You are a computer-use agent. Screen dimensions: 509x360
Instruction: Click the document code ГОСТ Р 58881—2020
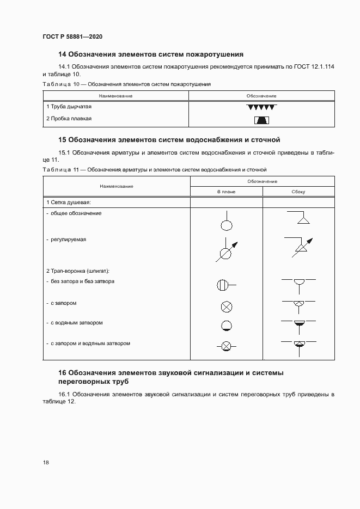coord(72,36)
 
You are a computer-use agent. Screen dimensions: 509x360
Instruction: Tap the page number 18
coord(46,463)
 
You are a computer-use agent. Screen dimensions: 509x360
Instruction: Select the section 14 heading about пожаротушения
coord(150,54)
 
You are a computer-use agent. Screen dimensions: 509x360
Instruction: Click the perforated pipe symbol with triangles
coord(261,107)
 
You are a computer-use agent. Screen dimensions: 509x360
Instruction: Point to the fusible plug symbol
coord(261,120)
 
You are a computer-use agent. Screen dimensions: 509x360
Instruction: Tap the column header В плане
coord(226,192)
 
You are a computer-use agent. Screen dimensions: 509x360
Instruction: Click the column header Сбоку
coord(298,192)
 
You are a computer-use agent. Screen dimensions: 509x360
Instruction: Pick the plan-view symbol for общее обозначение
coord(227,223)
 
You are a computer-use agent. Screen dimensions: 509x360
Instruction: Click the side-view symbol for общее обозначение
coord(298,218)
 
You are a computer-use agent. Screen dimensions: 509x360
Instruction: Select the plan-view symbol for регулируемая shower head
coord(227,250)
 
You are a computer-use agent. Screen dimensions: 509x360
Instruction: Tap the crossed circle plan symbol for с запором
coord(227,306)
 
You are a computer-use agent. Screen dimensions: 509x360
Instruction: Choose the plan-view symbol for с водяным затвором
coord(227,326)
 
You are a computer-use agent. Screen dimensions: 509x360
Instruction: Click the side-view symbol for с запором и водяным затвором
coord(298,344)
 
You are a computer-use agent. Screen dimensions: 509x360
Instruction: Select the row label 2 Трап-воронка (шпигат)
coord(78,271)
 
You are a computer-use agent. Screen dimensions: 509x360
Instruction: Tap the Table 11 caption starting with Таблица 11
coord(154,170)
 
